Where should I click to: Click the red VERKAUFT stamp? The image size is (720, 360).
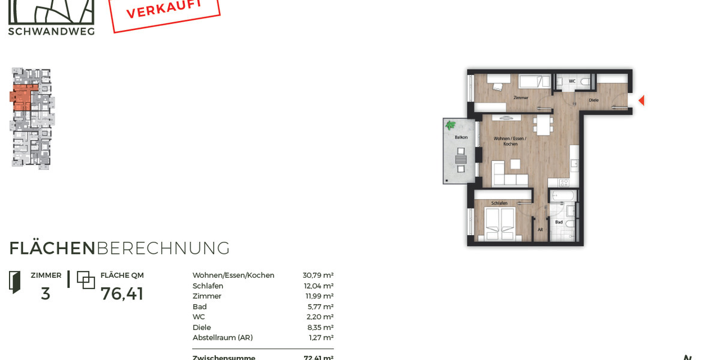[x=164, y=12]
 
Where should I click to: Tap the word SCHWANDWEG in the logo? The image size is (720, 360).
[x=51, y=31]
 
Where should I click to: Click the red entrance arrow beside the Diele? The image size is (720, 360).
[x=641, y=100]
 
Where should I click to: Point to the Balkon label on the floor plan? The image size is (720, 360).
[x=461, y=137]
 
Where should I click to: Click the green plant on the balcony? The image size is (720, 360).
[x=451, y=125]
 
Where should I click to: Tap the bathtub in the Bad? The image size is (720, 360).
[x=563, y=196]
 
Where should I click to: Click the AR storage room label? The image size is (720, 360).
[x=540, y=230]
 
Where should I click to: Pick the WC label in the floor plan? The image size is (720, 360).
[x=572, y=81]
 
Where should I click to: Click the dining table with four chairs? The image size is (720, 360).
[x=544, y=124]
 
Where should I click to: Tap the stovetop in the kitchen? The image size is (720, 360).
[x=563, y=182]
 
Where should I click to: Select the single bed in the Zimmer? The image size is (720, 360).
[x=534, y=82]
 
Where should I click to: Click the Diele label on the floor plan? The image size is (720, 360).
[x=593, y=100]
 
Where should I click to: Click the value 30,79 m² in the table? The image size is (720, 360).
[x=318, y=275]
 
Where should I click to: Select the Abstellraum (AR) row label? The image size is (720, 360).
[x=223, y=338]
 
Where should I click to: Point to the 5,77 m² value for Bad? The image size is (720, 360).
[x=320, y=307]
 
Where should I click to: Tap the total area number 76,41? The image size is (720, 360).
[x=122, y=294]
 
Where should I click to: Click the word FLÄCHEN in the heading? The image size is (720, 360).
[x=52, y=248]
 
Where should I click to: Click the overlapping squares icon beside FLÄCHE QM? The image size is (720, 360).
[x=86, y=280]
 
